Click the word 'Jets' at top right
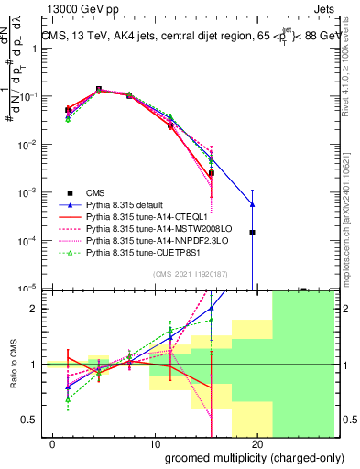click(x=322, y=8)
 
